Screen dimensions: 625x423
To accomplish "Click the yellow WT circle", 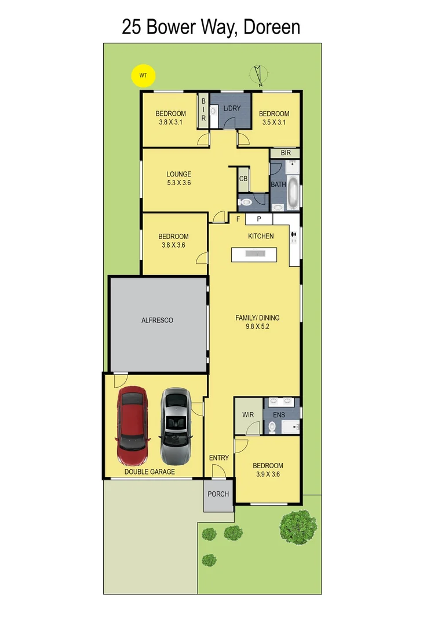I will (x=143, y=75).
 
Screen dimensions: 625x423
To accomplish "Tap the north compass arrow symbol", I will (x=258, y=76).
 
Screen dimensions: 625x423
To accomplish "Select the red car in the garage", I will (x=132, y=427).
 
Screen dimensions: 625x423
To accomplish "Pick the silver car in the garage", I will (x=176, y=426).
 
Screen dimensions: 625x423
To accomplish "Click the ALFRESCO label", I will (x=158, y=320).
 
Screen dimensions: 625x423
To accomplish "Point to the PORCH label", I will (x=218, y=494).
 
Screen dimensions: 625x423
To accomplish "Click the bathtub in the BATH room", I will (x=293, y=192).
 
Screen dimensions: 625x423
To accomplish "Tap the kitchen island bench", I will (x=255, y=254).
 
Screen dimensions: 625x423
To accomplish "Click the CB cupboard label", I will (x=243, y=179).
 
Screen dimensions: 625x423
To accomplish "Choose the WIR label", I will (x=247, y=415).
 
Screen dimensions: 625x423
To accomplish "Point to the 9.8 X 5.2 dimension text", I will (x=257, y=326).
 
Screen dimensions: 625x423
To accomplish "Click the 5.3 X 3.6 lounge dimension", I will (x=178, y=183).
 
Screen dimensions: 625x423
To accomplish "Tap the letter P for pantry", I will (x=259, y=219).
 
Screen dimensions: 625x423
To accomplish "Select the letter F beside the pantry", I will (x=238, y=219).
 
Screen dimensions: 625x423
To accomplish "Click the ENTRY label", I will (x=219, y=458).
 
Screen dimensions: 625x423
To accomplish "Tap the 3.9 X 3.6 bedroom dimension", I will (x=268, y=475).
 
